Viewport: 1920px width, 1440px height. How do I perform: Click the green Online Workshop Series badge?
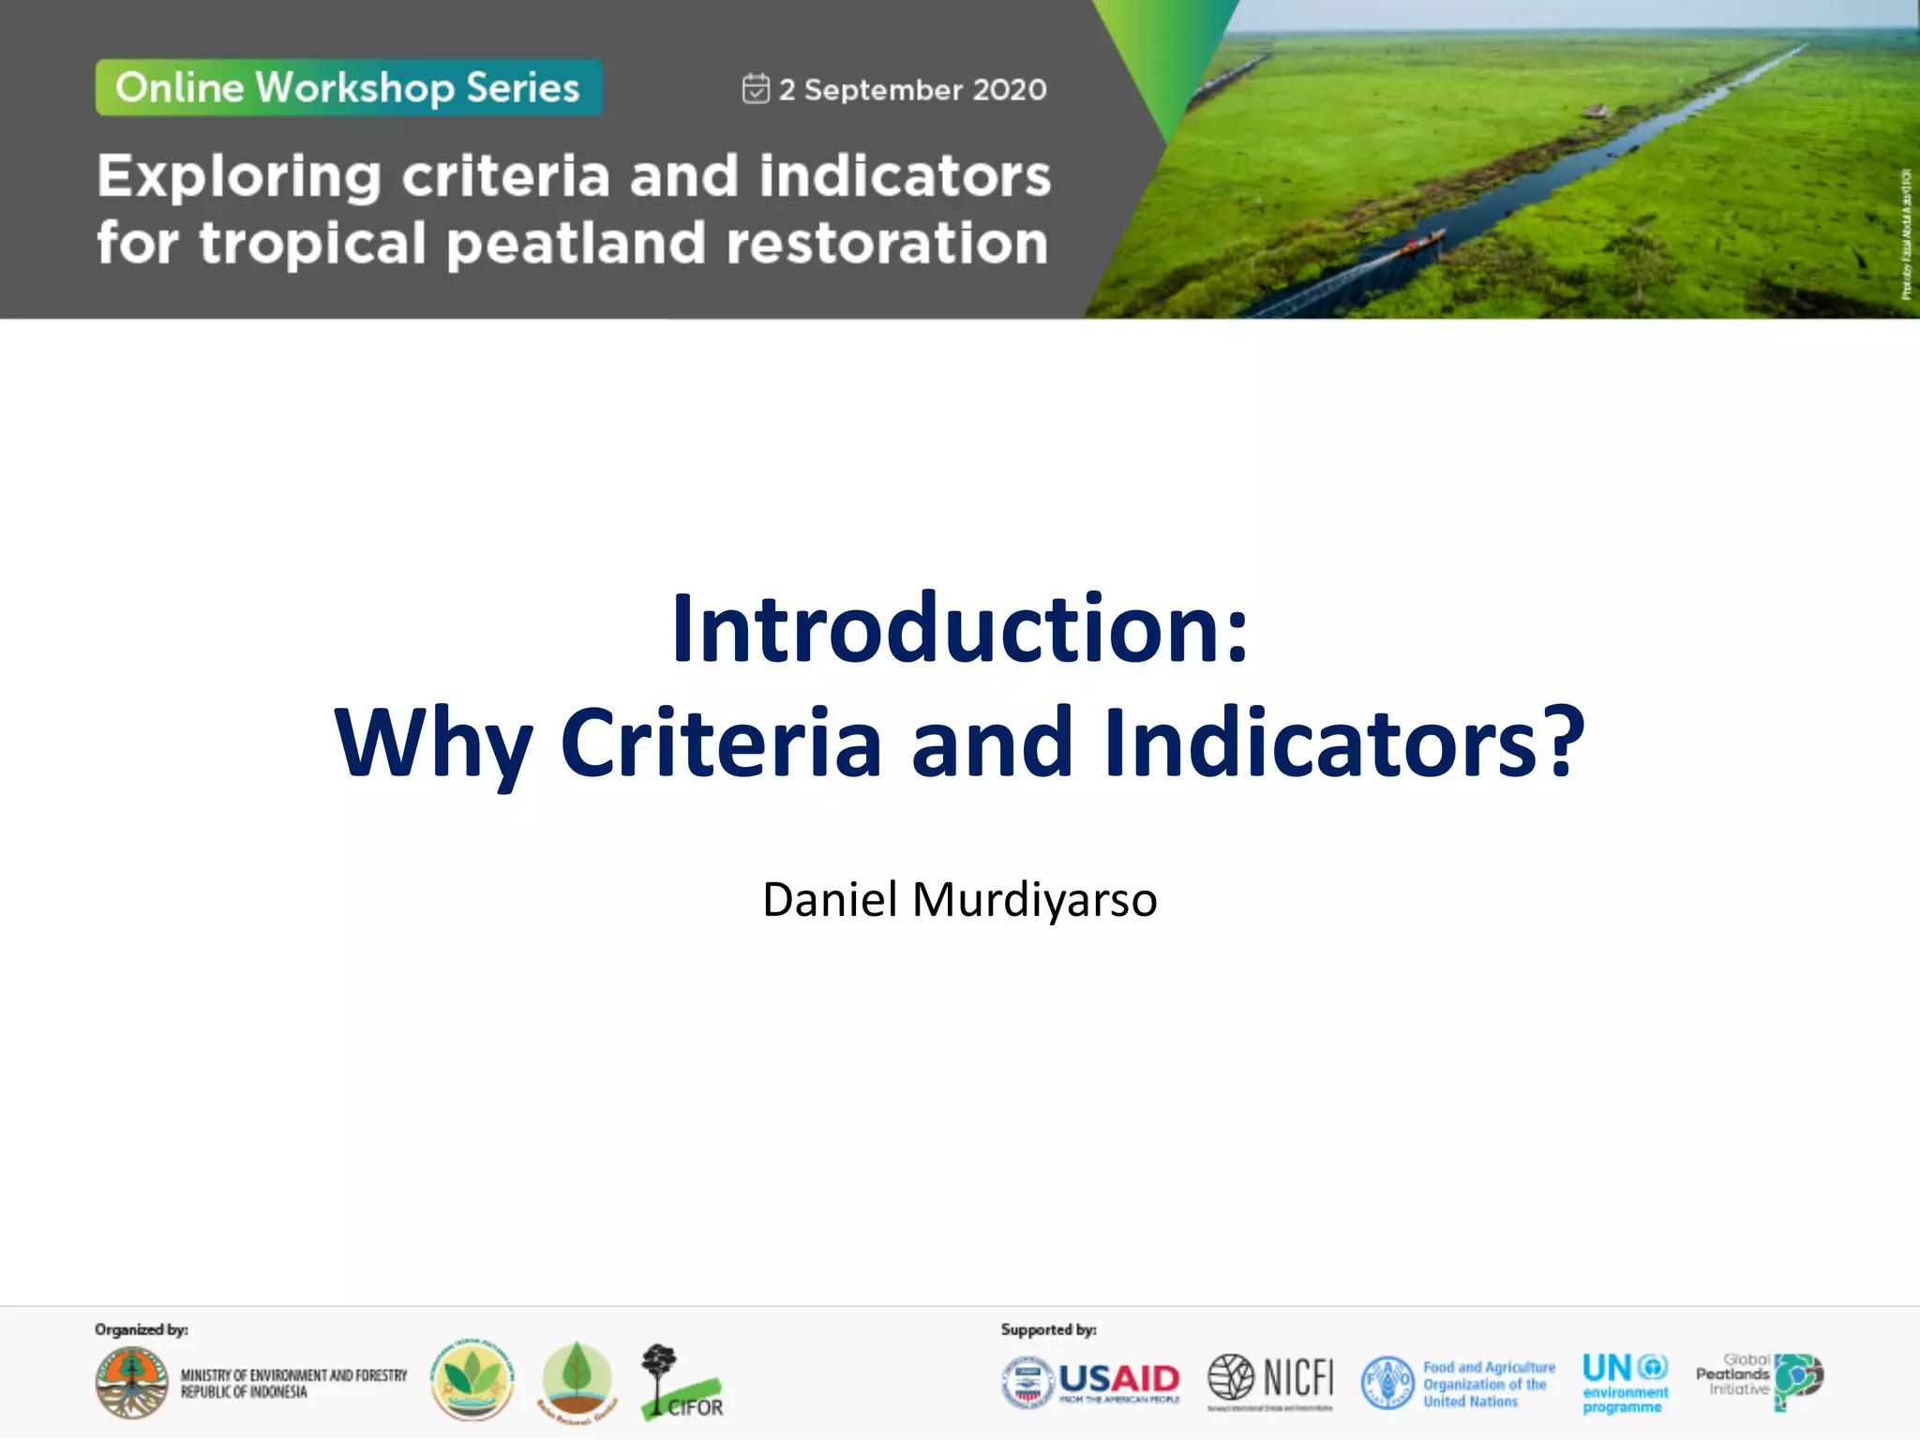[x=348, y=88]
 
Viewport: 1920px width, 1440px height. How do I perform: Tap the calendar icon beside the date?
[x=756, y=89]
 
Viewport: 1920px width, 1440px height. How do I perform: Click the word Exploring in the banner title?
[x=239, y=177]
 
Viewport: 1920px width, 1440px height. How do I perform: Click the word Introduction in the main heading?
[x=947, y=629]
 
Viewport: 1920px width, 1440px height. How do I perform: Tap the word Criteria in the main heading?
[x=721, y=742]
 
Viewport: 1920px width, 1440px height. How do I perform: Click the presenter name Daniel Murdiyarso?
[x=960, y=900]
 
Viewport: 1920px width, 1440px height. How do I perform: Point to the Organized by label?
[x=142, y=1329]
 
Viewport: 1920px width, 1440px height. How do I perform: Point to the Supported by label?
[x=1048, y=1329]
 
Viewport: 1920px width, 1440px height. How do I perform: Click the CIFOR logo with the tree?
[x=681, y=1383]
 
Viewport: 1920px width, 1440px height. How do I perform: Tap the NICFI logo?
[x=1270, y=1378]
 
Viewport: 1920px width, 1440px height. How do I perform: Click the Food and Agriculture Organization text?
[x=1488, y=1385]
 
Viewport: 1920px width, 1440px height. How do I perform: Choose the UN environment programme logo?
[x=1625, y=1382]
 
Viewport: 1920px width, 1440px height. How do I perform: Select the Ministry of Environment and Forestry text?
[x=293, y=1384]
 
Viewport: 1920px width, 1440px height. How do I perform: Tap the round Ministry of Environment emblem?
[x=132, y=1383]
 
